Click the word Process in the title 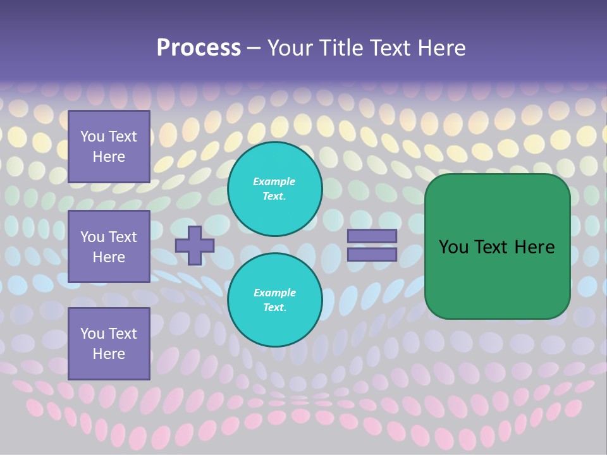pos(199,48)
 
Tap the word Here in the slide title pos(442,48)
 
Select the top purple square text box pos(109,147)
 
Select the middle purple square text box pos(109,246)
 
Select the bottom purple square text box pos(109,343)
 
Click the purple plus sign pos(195,246)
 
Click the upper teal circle pos(275,188)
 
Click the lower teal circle pos(275,300)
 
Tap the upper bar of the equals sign pos(372,236)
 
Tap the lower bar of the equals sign pos(372,254)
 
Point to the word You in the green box pos(453,247)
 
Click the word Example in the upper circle pos(274,181)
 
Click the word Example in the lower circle pos(274,293)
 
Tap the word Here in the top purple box pos(109,157)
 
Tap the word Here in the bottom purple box pos(109,354)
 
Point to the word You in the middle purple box pos(92,237)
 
